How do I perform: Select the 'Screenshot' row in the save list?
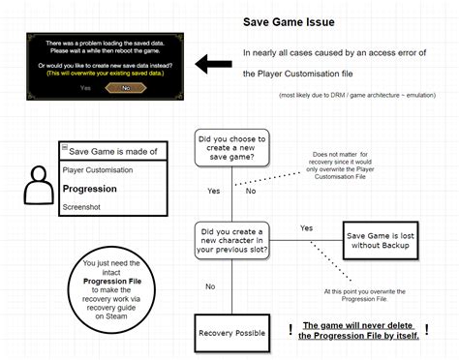(x=83, y=207)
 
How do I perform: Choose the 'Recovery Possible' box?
(x=230, y=333)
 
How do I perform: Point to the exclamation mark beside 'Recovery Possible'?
(x=290, y=329)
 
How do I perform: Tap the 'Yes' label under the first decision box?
(x=213, y=191)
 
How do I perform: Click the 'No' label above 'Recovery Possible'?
(x=210, y=286)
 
